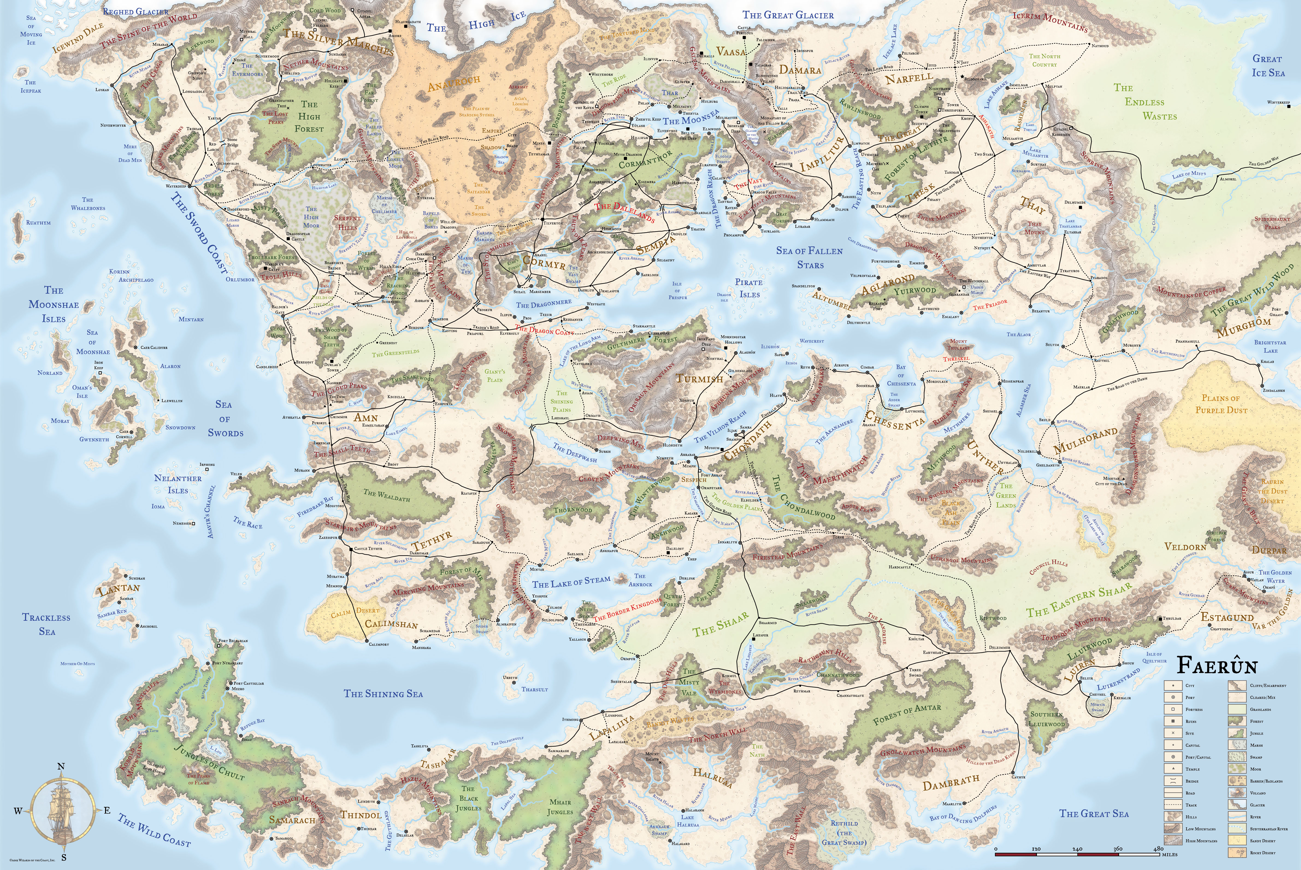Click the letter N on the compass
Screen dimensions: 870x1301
coord(61,766)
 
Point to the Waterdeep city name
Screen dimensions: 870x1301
coord(178,186)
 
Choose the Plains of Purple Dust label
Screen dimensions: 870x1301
coord(1220,404)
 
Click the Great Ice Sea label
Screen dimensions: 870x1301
coord(1268,66)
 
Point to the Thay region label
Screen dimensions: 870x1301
coord(1032,207)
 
